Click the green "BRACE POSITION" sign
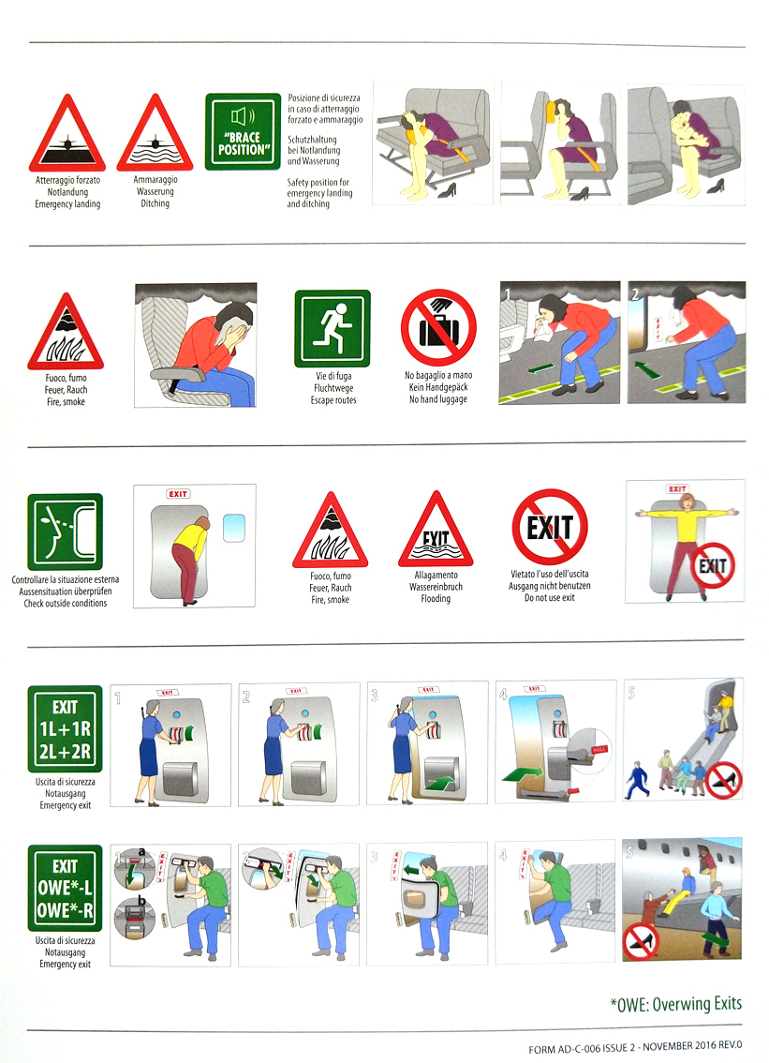243,131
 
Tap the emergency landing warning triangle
67,134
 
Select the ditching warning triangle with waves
155,134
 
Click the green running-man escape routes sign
332,329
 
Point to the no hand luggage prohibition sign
438,328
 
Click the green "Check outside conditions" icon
65,531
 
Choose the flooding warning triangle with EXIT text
436,531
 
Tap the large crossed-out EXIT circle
550,527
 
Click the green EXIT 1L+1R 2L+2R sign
65,728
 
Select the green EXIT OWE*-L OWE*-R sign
65,888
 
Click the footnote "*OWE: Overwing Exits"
676,1003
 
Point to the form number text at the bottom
635,1047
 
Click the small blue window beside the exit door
234,528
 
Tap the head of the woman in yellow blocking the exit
687,502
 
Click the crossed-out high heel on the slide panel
724,780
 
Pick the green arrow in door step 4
523,773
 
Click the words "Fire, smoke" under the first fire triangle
65,402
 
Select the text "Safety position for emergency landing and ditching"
319,192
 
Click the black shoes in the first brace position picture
447,192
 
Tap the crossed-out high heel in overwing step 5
641,942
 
